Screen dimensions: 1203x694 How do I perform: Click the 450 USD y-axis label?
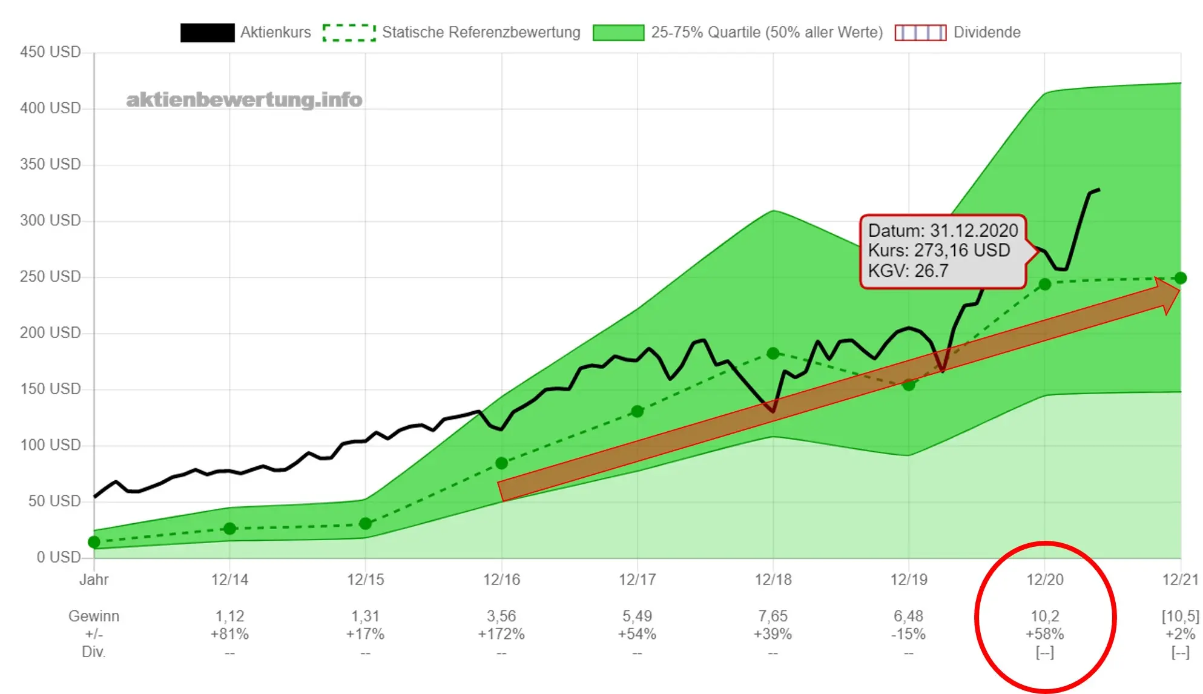(x=50, y=52)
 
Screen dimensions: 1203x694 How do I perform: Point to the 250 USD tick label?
(x=50, y=277)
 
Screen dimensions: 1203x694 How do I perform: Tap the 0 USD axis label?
(x=59, y=557)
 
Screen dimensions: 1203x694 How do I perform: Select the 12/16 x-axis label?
(x=501, y=580)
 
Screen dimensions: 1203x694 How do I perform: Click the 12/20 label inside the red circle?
(x=1044, y=580)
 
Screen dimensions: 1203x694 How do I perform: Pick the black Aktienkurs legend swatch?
(x=207, y=33)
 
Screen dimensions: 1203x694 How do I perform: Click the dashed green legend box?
(x=349, y=33)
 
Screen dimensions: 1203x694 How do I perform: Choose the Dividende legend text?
(x=987, y=32)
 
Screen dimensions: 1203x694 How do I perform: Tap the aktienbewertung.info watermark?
(x=244, y=100)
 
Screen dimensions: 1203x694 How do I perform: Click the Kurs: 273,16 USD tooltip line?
(x=939, y=251)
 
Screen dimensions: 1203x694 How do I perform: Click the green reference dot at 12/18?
(x=773, y=353)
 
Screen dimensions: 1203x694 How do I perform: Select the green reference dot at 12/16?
(x=501, y=463)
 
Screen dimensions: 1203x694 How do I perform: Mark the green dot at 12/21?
(x=1180, y=278)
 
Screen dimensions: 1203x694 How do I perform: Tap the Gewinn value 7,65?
(x=773, y=616)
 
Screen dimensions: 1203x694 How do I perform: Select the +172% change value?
(x=501, y=634)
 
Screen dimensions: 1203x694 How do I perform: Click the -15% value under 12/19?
(x=909, y=634)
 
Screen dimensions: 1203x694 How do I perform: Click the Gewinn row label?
(x=94, y=616)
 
